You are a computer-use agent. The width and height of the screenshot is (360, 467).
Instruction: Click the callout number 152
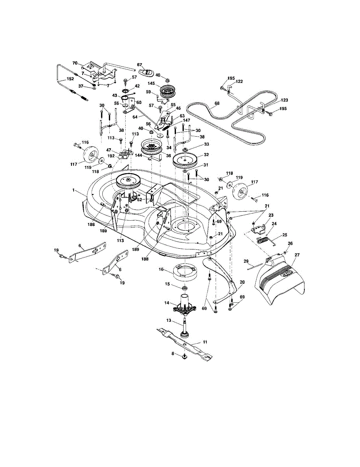70,79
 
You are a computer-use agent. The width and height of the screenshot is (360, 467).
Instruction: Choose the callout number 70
76,63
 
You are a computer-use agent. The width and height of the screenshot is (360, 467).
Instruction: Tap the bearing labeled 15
184,288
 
